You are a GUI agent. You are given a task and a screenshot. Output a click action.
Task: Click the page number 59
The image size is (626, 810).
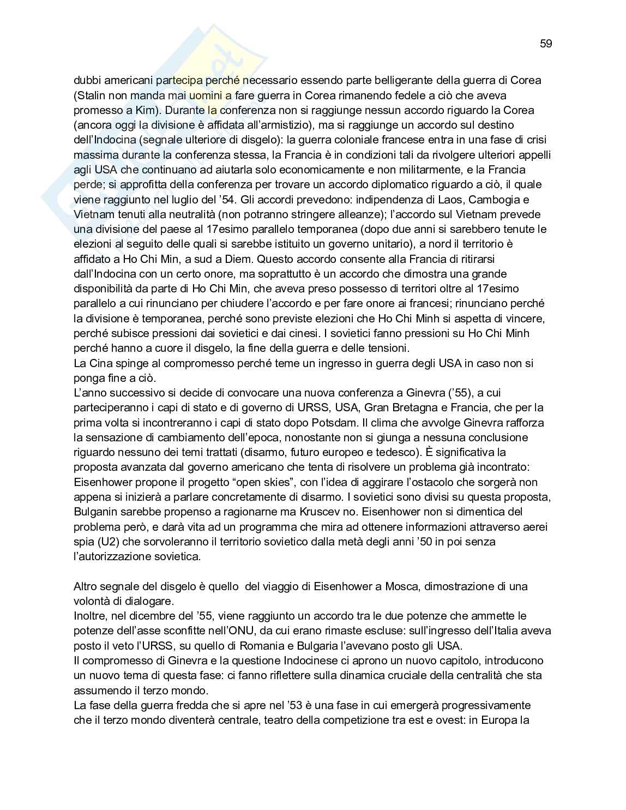click(x=546, y=44)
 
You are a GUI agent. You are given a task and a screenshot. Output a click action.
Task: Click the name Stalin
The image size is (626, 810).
click(x=91, y=95)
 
